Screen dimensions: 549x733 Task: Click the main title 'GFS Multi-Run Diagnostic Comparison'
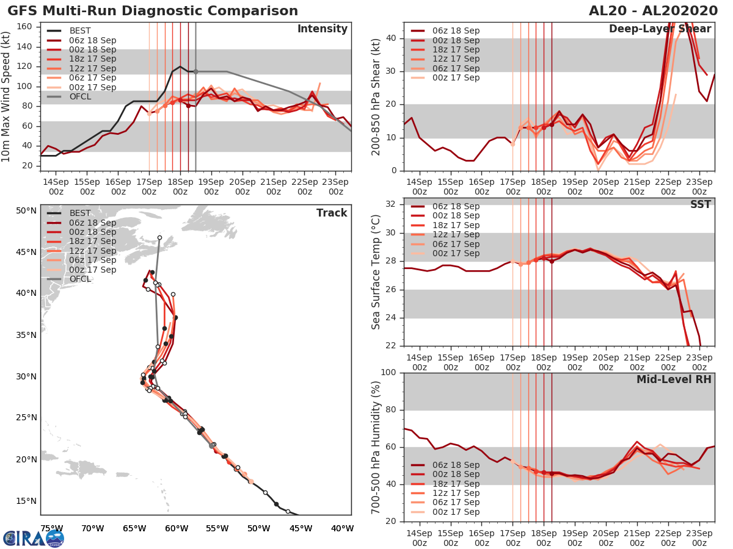pos(153,11)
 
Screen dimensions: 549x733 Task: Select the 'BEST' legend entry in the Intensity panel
pos(81,30)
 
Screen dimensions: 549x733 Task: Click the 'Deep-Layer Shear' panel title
pos(660,29)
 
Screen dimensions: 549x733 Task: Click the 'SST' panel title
pos(700,204)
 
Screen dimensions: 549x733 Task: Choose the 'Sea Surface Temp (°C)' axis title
pos(376,272)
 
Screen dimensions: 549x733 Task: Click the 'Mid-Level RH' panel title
pos(674,379)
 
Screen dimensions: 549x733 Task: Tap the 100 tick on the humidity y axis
pos(388,373)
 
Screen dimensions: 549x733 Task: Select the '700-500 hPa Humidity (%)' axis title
pos(376,447)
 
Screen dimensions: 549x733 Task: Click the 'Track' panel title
pos(332,213)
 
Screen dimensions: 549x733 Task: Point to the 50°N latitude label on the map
pos(26,211)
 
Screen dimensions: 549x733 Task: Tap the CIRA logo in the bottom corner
pos(34,538)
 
